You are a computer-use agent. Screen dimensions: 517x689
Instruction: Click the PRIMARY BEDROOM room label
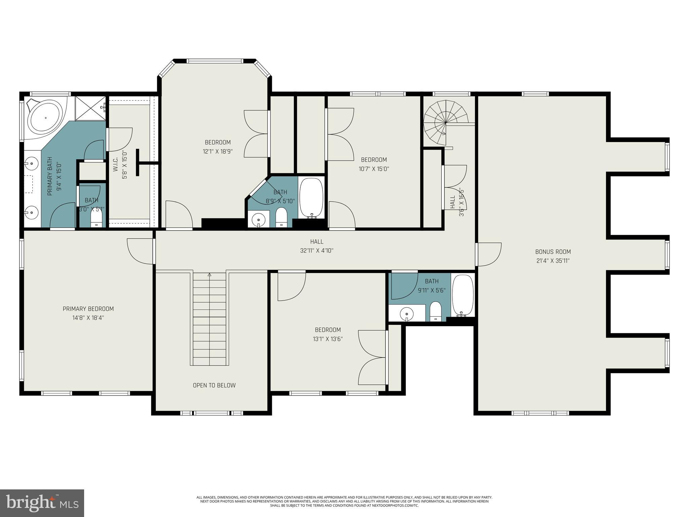coord(88,309)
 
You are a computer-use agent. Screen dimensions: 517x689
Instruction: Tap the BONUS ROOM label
coord(553,251)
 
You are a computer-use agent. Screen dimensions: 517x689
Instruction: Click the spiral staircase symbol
coord(445,123)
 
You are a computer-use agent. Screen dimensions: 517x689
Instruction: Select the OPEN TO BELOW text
coord(214,385)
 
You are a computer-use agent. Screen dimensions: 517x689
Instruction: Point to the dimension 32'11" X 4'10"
coord(317,251)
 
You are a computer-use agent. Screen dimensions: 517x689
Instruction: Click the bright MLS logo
coord(42,503)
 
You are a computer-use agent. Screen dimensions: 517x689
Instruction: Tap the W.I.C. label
coord(116,164)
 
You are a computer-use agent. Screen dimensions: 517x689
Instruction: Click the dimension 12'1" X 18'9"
coord(218,151)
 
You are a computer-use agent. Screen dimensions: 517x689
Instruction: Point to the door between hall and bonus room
coord(488,254)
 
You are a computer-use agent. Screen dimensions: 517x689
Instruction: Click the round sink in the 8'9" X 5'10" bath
coord(258,220)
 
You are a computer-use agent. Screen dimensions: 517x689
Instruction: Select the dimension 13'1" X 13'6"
coord(328,339)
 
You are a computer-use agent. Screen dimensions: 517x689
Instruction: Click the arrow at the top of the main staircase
coord(209,275)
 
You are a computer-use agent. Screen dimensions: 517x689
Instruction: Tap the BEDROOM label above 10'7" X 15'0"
coord(374,160)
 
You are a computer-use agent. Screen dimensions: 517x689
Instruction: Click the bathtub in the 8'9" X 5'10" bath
coord(311,198)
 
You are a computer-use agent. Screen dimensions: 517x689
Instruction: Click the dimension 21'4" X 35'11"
coord(553,261)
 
